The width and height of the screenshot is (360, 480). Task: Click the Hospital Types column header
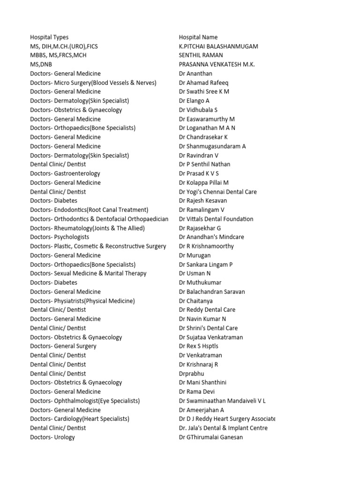click(x=49, y=37)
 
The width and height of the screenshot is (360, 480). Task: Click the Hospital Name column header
click(x=198, y=37)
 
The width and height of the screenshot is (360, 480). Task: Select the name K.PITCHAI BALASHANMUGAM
click(x=218, y=46)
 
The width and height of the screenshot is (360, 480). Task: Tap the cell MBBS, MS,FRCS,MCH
click(x=58, y=55)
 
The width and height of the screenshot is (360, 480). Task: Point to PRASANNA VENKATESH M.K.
click(x=217, y=64)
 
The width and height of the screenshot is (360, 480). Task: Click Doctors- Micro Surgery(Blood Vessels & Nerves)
click(x=93, y=82)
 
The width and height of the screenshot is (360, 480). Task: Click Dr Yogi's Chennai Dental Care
click(x=218, y=192)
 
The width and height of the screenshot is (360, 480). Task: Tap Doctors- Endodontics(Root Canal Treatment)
click(x=89, y=210)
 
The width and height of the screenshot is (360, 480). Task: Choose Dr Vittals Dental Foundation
click(x=216, y=219)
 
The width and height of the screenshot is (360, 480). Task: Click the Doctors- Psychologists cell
click(x=60, y=237)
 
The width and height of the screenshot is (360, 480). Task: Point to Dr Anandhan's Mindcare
click(x=211, y=237)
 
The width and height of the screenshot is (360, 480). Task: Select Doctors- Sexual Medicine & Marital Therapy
click(x=88, y=273)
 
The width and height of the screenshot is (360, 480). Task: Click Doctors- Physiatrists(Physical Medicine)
click(x=82, y=301)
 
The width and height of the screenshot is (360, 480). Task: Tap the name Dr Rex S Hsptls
click(x=199, y=346)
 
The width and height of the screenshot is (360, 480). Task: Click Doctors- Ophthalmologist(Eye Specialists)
click(x=85, y=401)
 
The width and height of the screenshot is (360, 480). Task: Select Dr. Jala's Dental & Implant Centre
click(x=223, y=428)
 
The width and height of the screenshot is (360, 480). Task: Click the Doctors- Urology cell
click(x=52, y=437)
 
